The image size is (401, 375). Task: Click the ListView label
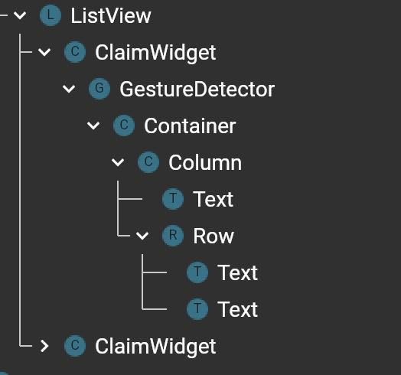111,16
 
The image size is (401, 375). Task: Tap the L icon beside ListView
51,15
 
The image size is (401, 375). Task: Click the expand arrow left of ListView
20,15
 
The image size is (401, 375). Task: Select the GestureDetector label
197,90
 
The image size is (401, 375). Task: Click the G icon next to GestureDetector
99,89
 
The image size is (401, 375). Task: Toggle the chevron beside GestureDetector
69,89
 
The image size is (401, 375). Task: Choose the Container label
190,126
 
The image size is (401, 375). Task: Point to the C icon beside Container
124,126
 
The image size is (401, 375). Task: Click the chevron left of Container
93,126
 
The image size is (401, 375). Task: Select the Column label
205,163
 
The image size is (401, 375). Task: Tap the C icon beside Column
148,162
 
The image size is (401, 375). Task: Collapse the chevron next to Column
118,162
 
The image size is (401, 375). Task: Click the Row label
214,236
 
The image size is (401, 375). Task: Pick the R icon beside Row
173,236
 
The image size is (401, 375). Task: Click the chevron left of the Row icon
142,236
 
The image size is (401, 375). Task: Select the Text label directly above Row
213,199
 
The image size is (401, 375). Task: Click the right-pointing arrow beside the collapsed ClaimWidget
44,346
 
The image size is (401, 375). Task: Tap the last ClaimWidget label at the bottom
155,347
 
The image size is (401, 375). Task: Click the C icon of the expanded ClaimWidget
75,52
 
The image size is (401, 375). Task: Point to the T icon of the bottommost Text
197,309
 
